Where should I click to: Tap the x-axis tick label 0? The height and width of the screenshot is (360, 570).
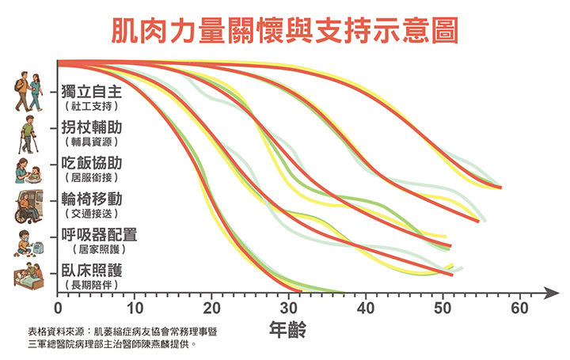point(58,308)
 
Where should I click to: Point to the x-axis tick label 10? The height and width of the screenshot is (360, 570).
point(135,308)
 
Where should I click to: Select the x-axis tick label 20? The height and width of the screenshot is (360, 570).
point(212,308)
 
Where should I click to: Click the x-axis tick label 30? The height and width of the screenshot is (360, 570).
point(289,308)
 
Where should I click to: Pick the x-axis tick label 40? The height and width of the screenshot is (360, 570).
point(366,308)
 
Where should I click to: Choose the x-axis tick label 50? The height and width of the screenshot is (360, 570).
point(443,308)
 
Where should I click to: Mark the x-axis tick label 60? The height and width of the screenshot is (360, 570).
point(519,308)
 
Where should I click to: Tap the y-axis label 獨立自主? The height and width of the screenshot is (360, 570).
point(92,90)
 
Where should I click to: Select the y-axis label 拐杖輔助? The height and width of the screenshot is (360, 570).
point(92,127)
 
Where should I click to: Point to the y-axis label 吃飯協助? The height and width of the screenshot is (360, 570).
point(92,164)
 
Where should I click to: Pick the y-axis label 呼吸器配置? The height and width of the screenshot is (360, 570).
point(99,235)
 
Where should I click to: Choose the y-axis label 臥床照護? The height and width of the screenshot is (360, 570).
point(92,270)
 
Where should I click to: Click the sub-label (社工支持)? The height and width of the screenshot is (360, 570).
point(92,105)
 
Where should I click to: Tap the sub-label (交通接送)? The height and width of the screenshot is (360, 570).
point(92,214)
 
